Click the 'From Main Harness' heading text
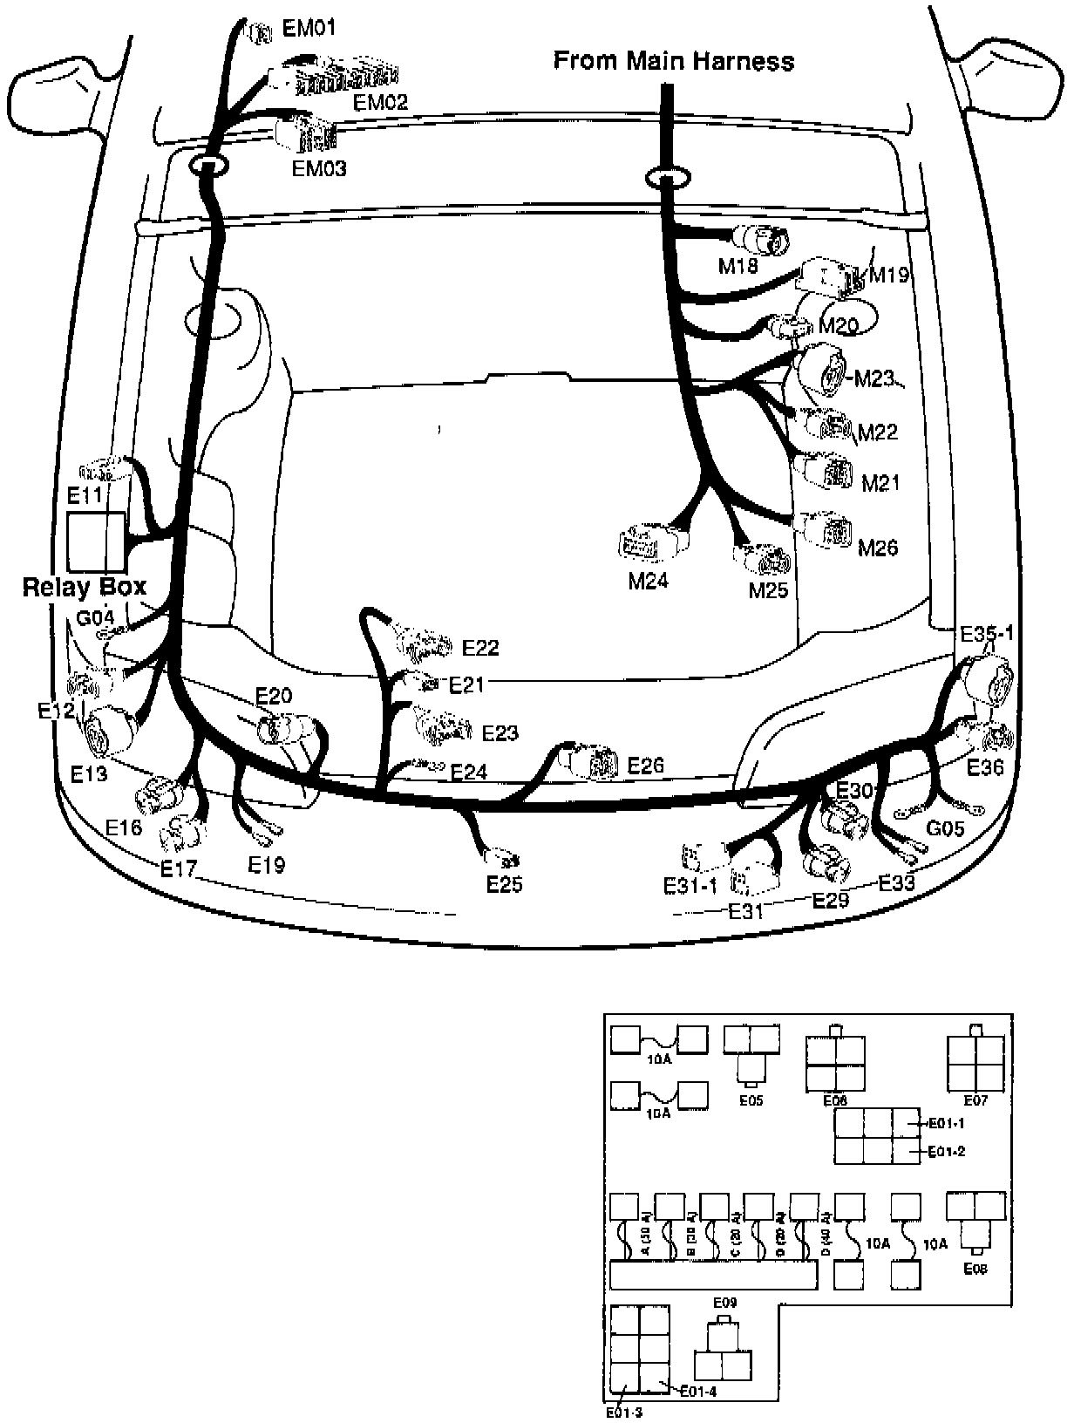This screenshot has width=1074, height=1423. click(674, 61)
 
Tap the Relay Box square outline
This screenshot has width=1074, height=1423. click(96, 541)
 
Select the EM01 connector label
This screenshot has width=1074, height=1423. click(309, 29)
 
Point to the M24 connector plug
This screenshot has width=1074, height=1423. click(652, 543)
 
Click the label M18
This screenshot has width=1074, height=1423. click(738, 265)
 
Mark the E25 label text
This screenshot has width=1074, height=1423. click(504, 884)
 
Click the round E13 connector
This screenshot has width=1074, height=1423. click(111, 730)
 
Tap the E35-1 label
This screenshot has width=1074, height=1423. click(987, 634)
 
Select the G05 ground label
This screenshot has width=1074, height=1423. click(944, 827)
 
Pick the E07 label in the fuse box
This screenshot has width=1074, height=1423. click(975, 1100)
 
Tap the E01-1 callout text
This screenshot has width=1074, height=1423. click(947, 1124)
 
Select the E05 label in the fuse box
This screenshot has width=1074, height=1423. click(751, 1100)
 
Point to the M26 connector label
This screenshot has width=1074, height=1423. click(878, 548)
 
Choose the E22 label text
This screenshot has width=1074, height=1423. click(480, 648)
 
